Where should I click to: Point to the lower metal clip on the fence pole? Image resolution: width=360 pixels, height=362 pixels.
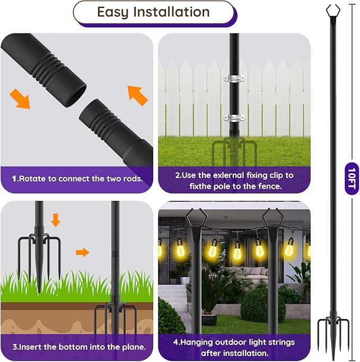(x=234, y=118)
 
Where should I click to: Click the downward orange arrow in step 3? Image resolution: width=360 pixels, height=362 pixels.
(x=56, y=219)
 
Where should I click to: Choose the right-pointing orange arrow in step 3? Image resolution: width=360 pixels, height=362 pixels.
(x=82, y=252)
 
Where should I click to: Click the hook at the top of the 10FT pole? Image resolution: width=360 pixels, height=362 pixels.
(x=333, y=9)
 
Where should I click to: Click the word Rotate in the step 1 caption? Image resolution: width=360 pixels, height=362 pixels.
(x=33, y=179)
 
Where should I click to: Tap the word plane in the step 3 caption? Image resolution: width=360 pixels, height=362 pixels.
(x=130, y=347)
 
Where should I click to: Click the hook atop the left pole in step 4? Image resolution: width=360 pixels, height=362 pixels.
(x=195, y=217)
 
